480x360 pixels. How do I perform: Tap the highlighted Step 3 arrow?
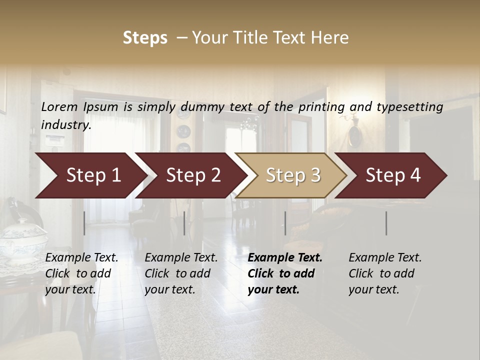pyautogui.click(x=290, y=175)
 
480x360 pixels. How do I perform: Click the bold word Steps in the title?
pyautogui.click(x=145, y=38)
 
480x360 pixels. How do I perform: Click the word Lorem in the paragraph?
pyautogui.click(x=59, y=107)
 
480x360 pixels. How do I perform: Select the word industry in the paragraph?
pyautogui.click(x=65, y=125)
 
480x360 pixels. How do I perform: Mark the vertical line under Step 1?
pyautogui.click(x=84, y=223)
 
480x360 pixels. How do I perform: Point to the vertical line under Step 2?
pyautogui.click(x=184, y=223)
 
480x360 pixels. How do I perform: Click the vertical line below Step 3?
pyautogui.click(x=285, y=223)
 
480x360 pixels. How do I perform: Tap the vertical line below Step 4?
pyautogui.click(x=386, y=223)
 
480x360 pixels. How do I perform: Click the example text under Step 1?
pyautogui.click(x=81, y=273)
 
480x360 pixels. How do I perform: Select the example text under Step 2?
pyautogui.click(x=181, y=273)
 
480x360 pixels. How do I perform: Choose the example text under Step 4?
pyautogui.click(x=385, y=273)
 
